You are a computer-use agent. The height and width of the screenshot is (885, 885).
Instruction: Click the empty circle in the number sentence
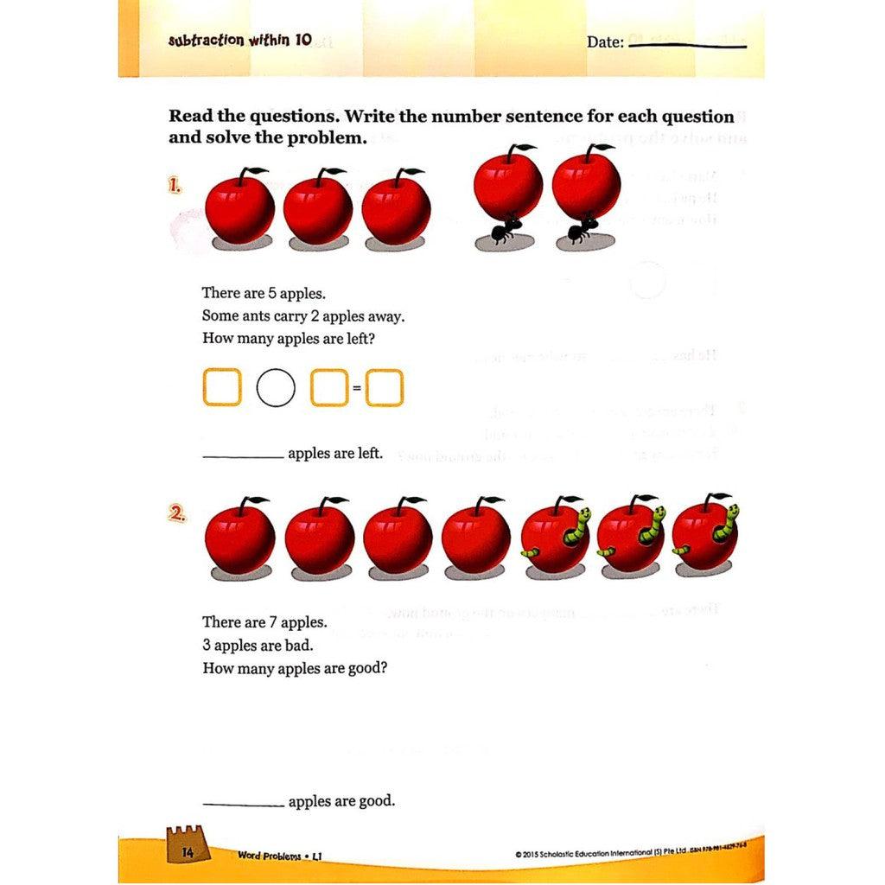pyautogui.click(x=276, y=387)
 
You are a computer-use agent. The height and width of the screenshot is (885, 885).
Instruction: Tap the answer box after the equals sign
pyautogui.click(x=385, y=387)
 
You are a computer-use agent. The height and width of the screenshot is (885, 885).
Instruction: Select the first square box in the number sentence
pyautogui.click(x=221, y=387)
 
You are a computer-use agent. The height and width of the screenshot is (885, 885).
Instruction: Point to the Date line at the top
pyautogui.click(x=688, y=45)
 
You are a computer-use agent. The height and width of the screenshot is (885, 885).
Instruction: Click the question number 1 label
pyautogui.click(x=175, y=185)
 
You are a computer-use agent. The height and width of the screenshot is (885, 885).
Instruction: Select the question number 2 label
pyautogui.click(x=177, y=513)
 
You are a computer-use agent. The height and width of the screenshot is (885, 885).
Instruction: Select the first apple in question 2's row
pyautogui.click(x=239, y=538)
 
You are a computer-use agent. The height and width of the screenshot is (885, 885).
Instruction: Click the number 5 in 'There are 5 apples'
pyautogui.click(x=271, y=293)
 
